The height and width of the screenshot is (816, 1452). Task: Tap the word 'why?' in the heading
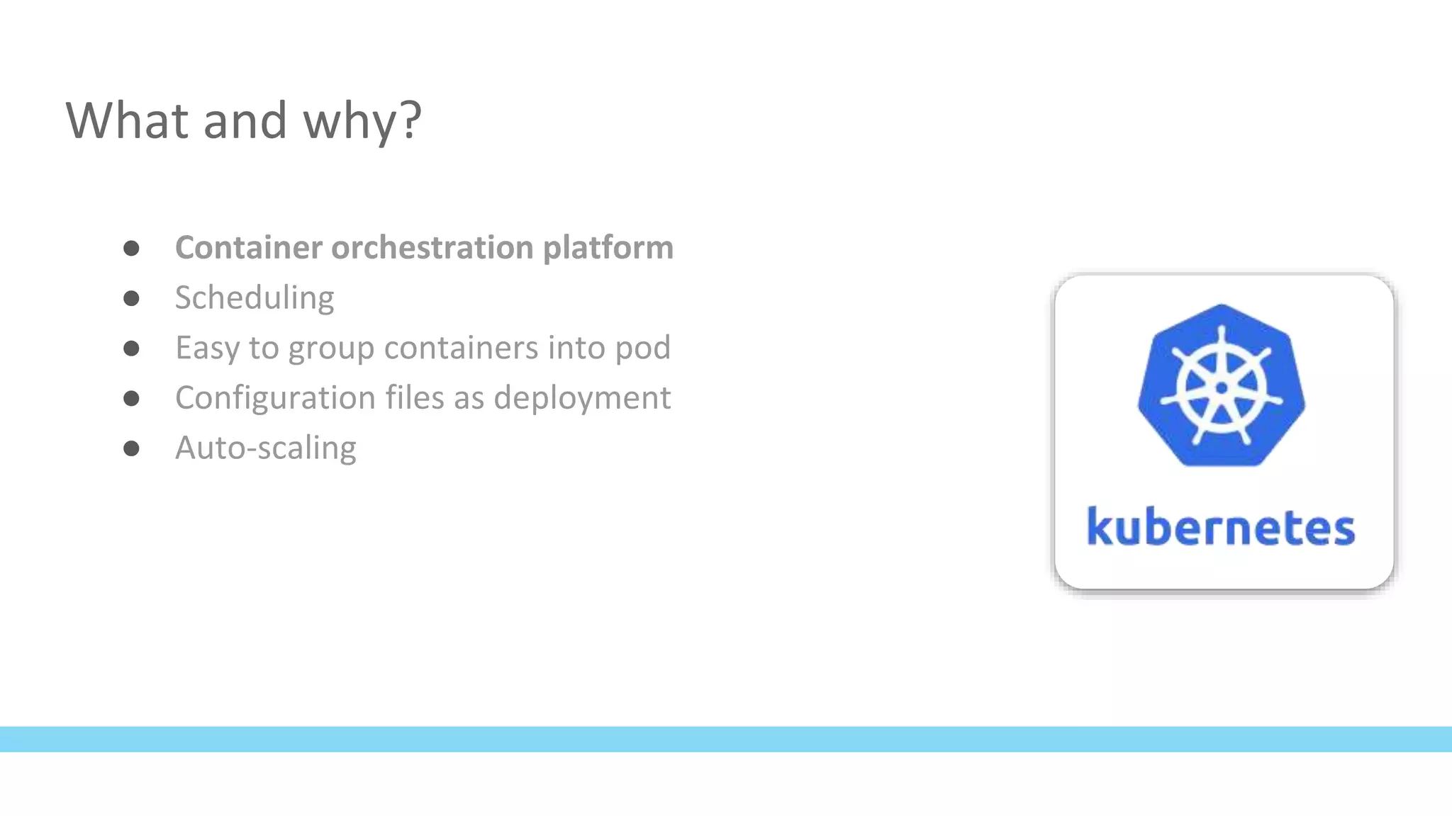(362, 122)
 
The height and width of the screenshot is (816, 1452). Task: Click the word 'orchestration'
(432, 247)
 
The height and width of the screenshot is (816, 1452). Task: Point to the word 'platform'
(608, 249)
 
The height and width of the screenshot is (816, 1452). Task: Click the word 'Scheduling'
(255, 298)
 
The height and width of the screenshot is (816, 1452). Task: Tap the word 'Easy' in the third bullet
(207, 348)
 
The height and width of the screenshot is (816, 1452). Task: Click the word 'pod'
(642, 348)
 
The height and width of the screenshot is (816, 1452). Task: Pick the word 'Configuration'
(275, 398)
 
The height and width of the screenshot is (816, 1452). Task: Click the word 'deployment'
(581, 398)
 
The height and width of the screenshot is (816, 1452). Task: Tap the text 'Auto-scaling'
(265, 448)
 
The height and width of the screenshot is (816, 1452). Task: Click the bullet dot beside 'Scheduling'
(131, 298)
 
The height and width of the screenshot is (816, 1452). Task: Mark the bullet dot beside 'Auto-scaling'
(131, 448)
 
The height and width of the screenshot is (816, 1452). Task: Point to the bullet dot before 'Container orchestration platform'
(131, 248)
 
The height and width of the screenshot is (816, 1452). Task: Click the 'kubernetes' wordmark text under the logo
(1221, 528)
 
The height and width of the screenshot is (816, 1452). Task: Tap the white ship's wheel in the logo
(1221, 387)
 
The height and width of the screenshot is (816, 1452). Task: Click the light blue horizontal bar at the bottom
(726, 739)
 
